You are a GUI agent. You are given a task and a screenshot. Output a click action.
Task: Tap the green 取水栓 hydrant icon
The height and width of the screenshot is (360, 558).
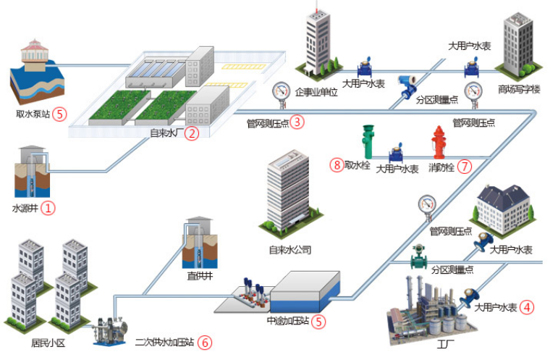point(368,141)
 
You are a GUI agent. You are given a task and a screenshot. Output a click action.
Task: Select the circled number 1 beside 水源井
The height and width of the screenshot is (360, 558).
point(48,209)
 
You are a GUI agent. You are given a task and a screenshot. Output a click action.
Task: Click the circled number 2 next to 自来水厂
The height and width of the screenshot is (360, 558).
point(191,133)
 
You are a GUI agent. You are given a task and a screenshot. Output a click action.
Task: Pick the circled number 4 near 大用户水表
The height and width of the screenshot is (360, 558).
point(528,306)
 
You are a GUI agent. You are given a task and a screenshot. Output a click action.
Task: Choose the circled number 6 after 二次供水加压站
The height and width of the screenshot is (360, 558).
point(205,341)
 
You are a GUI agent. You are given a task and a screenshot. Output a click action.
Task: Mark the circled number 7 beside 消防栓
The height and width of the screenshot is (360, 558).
point(464,166)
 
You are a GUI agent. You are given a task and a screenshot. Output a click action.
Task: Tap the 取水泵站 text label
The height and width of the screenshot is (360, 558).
point(33,114)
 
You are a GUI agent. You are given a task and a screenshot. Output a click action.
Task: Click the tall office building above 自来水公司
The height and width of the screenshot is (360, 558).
point(288,192)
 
